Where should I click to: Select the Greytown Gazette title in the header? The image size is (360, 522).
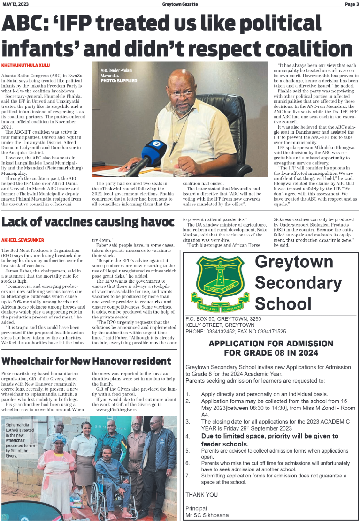click(x=180, y=4)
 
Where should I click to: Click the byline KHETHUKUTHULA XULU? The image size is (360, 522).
click(x=25, y=64)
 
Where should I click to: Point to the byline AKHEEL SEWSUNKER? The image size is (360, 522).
click(x=23, y=239)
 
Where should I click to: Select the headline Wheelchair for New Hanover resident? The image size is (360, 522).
click(x=86, y=361)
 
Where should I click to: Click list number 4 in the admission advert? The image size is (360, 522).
click(x=188, y=436)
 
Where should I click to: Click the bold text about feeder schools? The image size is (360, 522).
click(x=269, y=440)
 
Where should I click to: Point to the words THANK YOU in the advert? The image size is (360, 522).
click(x=201, y=494)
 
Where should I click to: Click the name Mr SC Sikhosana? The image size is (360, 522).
click(x=207, y=515)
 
